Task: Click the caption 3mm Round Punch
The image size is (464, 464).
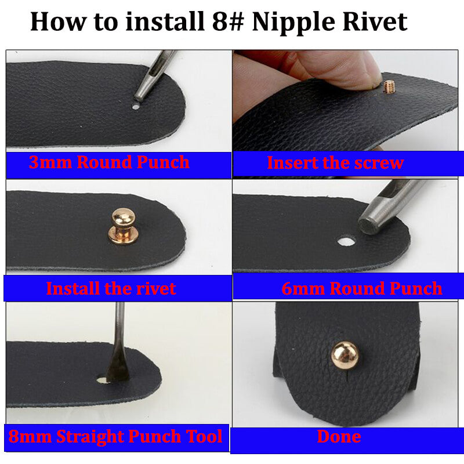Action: point(109,162)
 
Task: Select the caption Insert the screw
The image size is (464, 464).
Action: point(335,163)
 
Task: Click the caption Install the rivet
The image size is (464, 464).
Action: point(111,288)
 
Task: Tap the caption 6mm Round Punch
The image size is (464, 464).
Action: point(361,288)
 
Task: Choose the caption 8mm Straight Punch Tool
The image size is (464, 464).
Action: point(115,436)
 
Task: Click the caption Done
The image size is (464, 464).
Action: point(339,437)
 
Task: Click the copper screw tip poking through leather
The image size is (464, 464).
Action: point(388,86)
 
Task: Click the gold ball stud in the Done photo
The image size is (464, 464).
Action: point(345,355)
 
